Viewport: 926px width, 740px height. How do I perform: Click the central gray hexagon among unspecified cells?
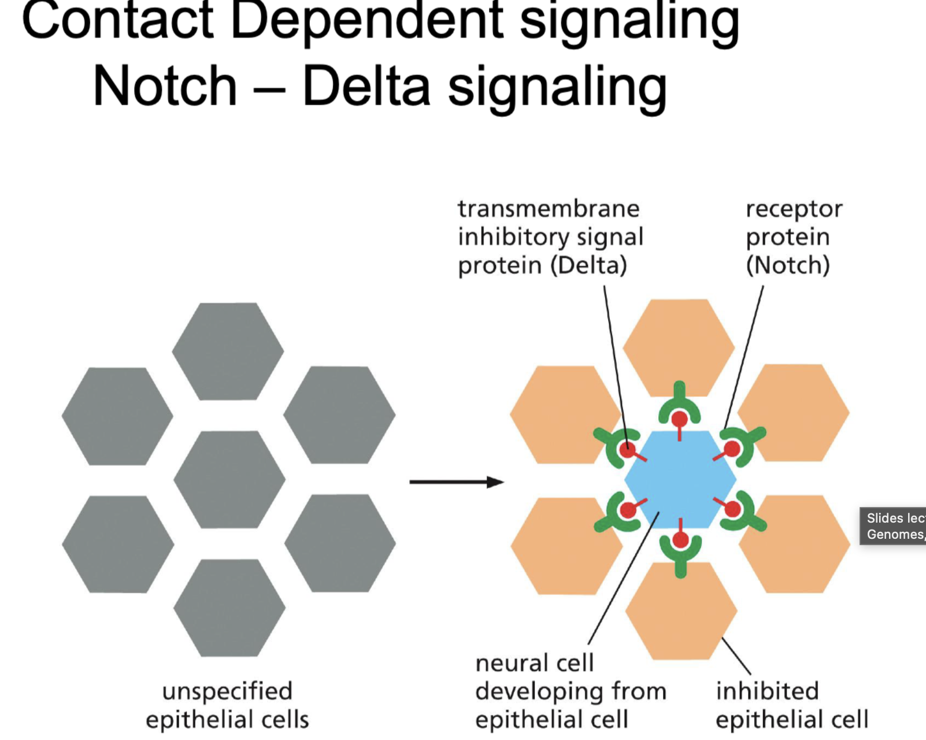tap(229, 480)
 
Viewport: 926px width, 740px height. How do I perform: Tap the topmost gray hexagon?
tap(228, 351)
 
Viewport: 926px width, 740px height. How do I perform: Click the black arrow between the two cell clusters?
tap(456, 482)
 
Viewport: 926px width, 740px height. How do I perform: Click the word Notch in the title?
tap(165, 87)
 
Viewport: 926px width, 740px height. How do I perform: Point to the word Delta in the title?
tap(366, 87)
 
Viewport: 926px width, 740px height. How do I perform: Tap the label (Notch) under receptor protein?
tap(787, 265)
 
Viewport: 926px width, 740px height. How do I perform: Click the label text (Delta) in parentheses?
tap(588, 265)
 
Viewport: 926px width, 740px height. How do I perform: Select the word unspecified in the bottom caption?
tap(227, 691)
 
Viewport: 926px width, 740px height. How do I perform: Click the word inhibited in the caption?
tap(767, 691)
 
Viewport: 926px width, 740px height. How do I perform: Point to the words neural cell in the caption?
tap(534, 663)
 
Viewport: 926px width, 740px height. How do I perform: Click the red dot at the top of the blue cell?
tap(679, 419)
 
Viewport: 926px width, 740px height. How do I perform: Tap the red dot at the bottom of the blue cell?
tap(680, 540)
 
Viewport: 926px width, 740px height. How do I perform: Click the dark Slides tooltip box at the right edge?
tap(893, 526)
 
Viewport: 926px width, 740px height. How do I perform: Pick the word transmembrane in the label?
tap(548, 209)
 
